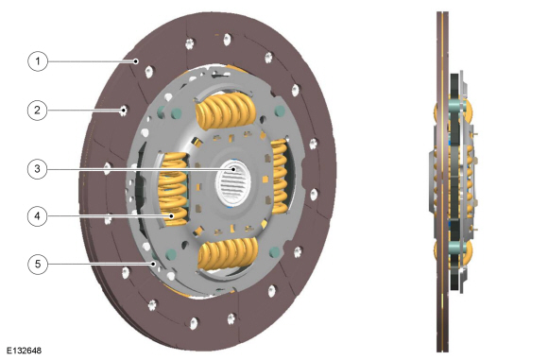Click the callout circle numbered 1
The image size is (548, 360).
click(38, 61)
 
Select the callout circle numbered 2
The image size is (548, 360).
click(38, 111)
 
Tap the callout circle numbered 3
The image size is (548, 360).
click(38, 169)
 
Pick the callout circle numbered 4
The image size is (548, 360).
click(38, 216)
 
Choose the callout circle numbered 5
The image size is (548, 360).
click(38, 264)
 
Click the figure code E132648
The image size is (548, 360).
click(25, 351)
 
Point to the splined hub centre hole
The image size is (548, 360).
click(233, 182)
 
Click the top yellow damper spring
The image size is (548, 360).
click(226, 111)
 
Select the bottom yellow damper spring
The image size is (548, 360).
click(229, 254)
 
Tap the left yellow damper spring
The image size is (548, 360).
click(173, 189)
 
